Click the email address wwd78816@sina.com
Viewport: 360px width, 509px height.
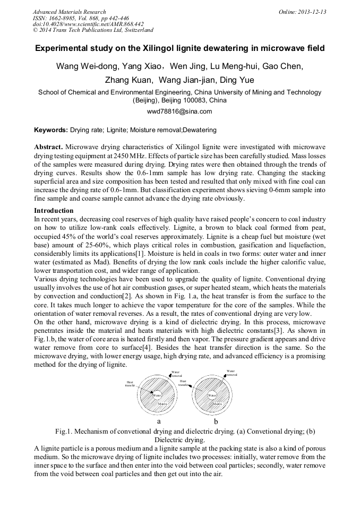179,111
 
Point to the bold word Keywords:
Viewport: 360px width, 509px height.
51,130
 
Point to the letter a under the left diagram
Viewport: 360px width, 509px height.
158,421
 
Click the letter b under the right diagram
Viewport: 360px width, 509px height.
216,421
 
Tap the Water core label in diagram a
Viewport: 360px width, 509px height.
157,395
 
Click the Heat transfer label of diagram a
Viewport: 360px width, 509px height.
130,383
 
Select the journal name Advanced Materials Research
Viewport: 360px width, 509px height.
69,12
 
